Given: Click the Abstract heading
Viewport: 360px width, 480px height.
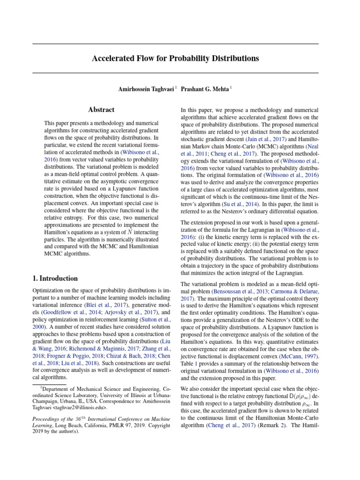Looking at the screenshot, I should (101, 110).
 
